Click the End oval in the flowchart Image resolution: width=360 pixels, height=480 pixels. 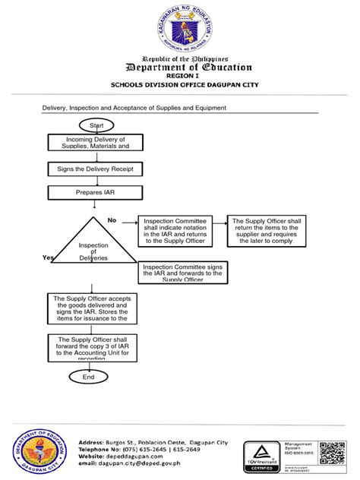click(89, 377)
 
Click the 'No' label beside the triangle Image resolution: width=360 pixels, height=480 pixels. click(112, 220)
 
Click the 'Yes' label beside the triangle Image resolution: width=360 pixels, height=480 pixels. click(49, 258)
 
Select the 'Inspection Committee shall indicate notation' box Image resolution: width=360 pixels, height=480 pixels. click(179, 231)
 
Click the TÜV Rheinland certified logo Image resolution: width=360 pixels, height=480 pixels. click(261, 456)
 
